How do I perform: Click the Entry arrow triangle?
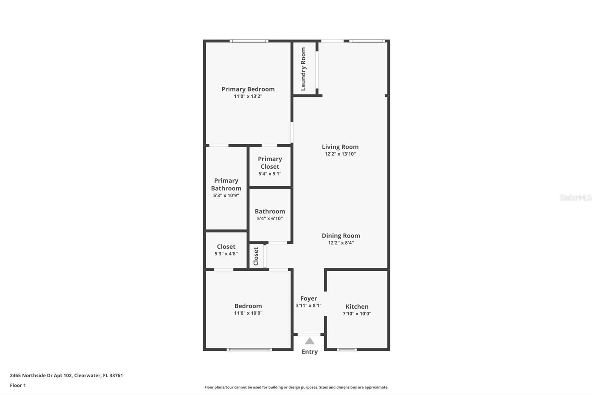[309, 341]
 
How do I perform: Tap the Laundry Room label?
[303, 69]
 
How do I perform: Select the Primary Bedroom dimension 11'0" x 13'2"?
[248, 96]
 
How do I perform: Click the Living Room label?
[340, 147]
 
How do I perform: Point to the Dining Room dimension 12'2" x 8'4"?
[341, 243]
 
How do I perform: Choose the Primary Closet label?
[270, 163]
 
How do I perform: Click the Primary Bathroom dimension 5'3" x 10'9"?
[226, 196]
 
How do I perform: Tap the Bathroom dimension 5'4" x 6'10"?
[270, 219]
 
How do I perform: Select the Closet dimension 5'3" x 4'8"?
[226, 254]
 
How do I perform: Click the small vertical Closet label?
[256, 256]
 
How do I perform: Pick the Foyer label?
[309, 298]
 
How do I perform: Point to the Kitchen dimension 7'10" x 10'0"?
[357, 314]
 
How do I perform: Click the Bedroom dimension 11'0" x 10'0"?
[248, 313]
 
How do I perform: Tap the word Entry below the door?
[309, 352]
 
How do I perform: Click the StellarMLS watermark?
[575, 197]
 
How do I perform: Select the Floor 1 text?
[18, 385]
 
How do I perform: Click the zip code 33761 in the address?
[116, 375]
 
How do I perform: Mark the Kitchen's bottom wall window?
[347, 349]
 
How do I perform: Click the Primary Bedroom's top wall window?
[249, 41]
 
